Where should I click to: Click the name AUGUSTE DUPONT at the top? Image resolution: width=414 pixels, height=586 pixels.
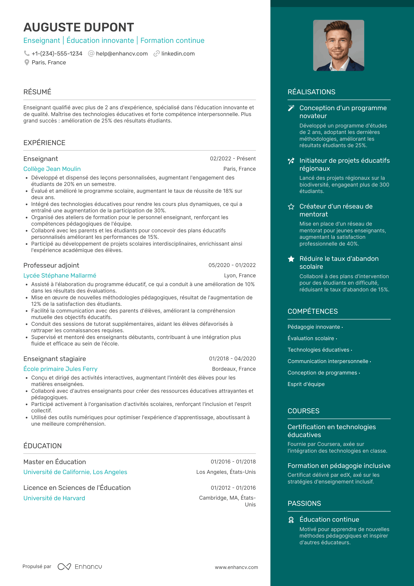point(79,27)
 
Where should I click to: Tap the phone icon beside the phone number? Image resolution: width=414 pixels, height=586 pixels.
point(27,53)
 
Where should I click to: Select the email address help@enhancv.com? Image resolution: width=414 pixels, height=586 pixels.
point(122,54)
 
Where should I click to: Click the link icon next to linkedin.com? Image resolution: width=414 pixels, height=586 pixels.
point(156,53)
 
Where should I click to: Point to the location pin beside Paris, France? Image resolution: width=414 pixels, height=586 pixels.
point(27,62)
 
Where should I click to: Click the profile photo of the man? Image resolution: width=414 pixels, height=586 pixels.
point(339,46)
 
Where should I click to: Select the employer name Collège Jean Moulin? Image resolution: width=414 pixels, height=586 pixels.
point(52,169)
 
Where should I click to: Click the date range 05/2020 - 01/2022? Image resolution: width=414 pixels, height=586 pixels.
point(232,265)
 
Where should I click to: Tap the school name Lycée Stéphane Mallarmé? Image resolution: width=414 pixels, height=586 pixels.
point(60,276)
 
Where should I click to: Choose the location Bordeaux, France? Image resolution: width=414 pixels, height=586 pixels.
point(234,369)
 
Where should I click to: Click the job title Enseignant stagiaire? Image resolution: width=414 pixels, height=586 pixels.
point(55,359)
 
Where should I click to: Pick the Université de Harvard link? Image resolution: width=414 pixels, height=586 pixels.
point(54,498)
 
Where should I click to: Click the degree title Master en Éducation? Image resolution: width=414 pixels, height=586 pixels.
point(55,462)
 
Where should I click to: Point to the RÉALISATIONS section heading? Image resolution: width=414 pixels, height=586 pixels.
point(311,92)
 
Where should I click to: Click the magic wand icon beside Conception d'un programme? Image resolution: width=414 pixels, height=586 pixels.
point(291,108)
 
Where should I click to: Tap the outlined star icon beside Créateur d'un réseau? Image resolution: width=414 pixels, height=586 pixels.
point(291,206)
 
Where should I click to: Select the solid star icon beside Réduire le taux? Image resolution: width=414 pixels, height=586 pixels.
point(291,259)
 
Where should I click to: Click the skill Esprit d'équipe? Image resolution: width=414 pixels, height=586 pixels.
point(306,384)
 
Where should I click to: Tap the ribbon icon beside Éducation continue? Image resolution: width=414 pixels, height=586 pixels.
point(291,520)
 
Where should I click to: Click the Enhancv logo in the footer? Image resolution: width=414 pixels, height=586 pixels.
point(80,567)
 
